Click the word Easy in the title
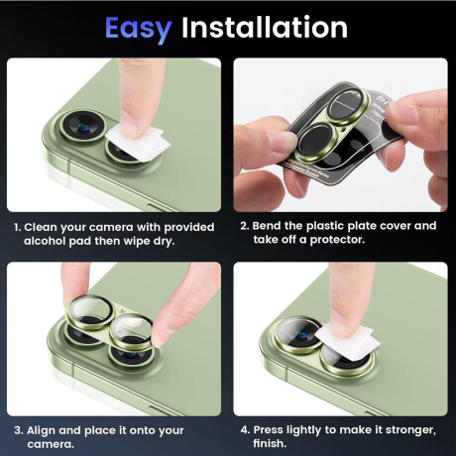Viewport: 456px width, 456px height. click(x=139, y=29)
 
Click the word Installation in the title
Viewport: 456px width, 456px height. click(x=265, y=27)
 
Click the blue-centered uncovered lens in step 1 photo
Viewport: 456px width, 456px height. click(x=82, y=127)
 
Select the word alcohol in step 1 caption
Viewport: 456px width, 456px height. click(x=45, y=241)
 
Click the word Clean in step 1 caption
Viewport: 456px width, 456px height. click(x=41, y=227)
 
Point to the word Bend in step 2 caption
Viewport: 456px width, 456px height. click(x=267, y=226)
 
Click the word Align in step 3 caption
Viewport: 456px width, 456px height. click(x=42, y=430)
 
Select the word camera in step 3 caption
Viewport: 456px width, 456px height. click(x=50, y=444)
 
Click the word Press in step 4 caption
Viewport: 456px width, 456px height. click(x=269, y=429)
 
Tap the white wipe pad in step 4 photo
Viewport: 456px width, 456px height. click(x=348, y=340)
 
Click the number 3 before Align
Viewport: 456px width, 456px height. click(x=18, y=430)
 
